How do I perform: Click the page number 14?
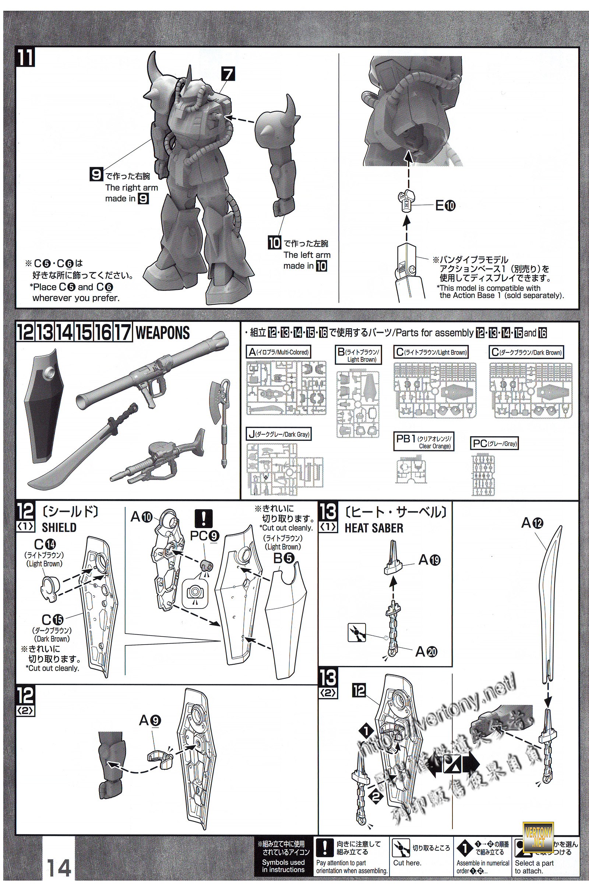[59, 867]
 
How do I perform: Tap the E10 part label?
[445, 206]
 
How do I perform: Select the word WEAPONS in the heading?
[162, 333]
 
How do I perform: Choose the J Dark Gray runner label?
[279, 435]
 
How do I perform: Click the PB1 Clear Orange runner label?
[423, 442]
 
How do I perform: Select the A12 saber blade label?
[532, 523]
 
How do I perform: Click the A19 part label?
[429, 560]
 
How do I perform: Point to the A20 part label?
[426, 651]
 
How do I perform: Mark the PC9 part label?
[204, 536]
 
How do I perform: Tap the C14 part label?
[45, 544]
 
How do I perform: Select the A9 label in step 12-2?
[150, 720]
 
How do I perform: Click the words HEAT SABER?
[374, 528]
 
